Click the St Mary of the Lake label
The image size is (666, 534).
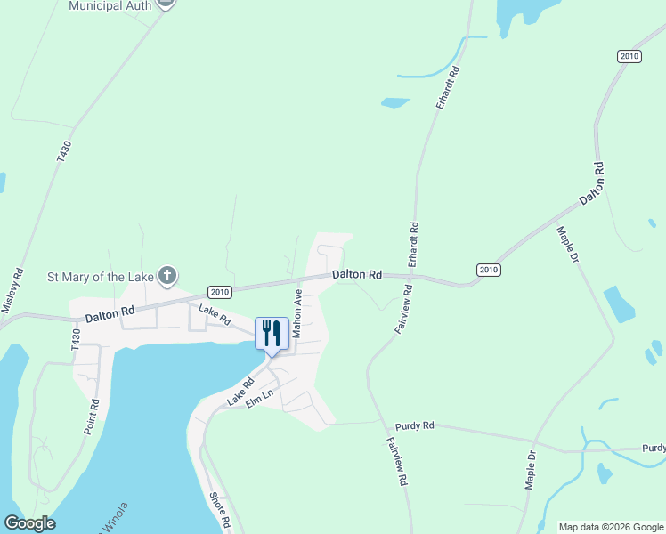coord(100,277)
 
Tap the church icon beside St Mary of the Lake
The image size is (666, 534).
coord(166,276)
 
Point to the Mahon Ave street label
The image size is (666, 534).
coord(298,311)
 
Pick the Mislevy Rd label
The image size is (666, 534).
coord(12,291)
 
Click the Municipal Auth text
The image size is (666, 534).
coord(110,5)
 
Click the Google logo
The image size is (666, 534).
coord(29,523)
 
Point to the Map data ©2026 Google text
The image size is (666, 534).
coord(611,527)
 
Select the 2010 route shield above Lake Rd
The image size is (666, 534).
coord(220,291)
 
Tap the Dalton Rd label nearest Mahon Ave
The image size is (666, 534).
coord(357,275)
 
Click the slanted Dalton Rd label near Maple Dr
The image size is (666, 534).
coord(592,184)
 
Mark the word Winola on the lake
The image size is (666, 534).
coord(112,519)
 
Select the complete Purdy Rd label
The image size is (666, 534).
coord(416,425)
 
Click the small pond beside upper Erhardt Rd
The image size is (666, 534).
coord(394,102)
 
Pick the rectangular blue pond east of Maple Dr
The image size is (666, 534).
coord(619,304)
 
